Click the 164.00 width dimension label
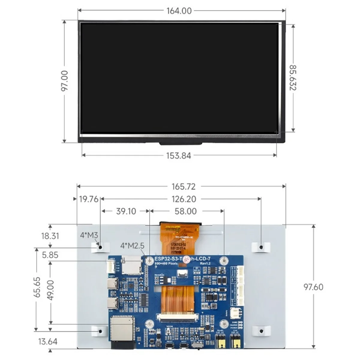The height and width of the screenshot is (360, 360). (x=179, y=11)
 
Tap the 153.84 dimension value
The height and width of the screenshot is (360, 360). (x=179, y=155)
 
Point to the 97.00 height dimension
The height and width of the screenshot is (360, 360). (x=64, y=81)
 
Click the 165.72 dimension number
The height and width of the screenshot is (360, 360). (x=184, y=186)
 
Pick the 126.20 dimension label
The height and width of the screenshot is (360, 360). (x=184, y=199)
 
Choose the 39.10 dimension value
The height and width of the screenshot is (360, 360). (x=126, y=211)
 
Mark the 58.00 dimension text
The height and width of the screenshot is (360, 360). (x=186, y=211)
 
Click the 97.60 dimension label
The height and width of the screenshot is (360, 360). (x=313, y=287)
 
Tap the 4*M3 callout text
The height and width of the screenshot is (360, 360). (x=89, y=235)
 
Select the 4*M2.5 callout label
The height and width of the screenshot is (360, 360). (x=132, y=246)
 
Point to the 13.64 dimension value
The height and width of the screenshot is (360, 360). (x=48, y=341)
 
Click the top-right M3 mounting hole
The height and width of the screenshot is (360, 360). (x=261, y=247)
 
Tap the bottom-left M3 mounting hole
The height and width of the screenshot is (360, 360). (x=100, y=331)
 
